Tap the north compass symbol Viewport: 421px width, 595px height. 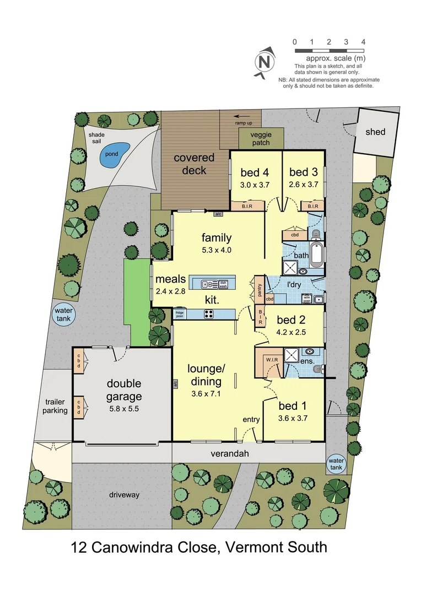[x=265, y=62]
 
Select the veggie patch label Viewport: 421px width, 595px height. [x=261, y=139]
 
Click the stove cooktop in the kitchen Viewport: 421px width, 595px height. [x=209, y=314]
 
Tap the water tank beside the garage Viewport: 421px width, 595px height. [x=63, y=315]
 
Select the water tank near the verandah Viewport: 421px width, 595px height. [x=336, y=463]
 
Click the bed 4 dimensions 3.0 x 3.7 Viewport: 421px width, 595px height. [x=254, y=185]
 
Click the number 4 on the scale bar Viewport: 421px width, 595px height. [x=363, y=42]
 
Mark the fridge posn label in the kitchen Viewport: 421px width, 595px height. [x=180, y=315]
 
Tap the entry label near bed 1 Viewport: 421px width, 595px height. [x=251, y=420]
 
